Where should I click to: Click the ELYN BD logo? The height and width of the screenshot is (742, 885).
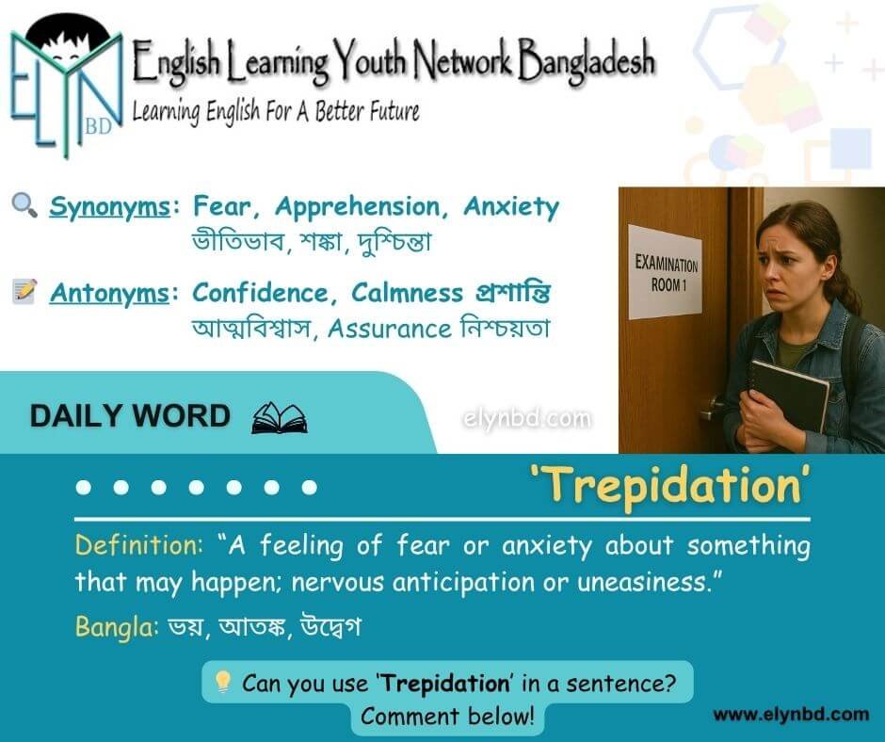pyautogui.click(x=67, y=85)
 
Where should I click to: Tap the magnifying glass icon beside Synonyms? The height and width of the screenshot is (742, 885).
pyautogui.click(x=24, y=205)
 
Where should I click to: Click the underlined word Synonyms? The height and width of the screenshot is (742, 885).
pyautogui.click(x=109, y=207)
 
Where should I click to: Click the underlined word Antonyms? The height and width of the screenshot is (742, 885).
pyautogui.click(x=109, y=293)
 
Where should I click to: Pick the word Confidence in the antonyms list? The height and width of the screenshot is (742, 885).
pyautogui.click(x=261, y=293)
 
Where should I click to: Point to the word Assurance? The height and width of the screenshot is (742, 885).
pyautogui.click(x=390, y=329)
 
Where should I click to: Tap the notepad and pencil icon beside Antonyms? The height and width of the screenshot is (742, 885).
pyautogui.click(x=24, y=291)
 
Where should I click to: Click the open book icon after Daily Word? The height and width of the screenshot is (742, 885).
pyautogui.click(x=280, y=418)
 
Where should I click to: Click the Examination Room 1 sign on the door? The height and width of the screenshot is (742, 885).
pyautogui.click(x=666, y=272)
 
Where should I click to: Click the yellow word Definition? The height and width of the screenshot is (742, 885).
pyautogui.click(x=138, y=545)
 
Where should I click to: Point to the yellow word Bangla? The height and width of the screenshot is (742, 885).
pyautogui.click(x=117, y=627)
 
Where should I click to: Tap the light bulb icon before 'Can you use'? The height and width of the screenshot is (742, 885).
pyautogui.click(x=223, y=682)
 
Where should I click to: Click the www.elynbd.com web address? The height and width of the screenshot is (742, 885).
pyautogui.click(x=791, y=715)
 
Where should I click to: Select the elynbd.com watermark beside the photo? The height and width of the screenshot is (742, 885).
pyautogui.click(x=527, y=419)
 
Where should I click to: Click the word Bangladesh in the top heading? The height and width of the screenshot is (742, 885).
pyautogui.click(x=587, y=61)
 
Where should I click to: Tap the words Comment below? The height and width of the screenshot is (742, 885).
pyautogui.click(x=447, y=716)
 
